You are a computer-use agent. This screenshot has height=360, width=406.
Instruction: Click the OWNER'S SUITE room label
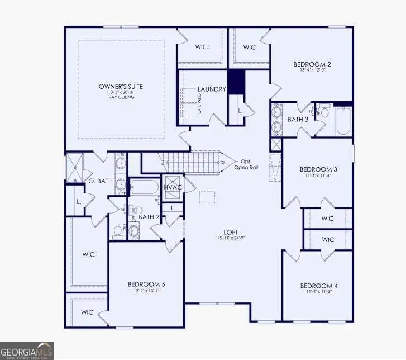pyautogui.click(x=121, y=86)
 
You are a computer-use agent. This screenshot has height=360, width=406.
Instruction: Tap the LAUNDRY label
pyautogui.click(x=211, y=89)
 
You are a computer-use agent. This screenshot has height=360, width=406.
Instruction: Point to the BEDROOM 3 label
pyautogui.click(x=318, y=169)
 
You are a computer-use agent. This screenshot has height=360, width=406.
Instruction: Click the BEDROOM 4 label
pyautogui.click(x=318, y=286)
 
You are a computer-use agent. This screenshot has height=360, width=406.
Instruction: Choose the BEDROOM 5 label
pyautogui.click(x=146, y=284)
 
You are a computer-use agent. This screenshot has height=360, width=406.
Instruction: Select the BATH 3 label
pyautogui.click(x=298, y=119)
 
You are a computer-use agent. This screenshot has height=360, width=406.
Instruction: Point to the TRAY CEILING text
pyautogui.click(x=121, y=97)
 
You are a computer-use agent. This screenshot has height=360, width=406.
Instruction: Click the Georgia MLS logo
pyautogui.click(x=27, y=350)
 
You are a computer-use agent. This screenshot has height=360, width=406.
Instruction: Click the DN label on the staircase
pyautogui.click(x=224, y=163)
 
